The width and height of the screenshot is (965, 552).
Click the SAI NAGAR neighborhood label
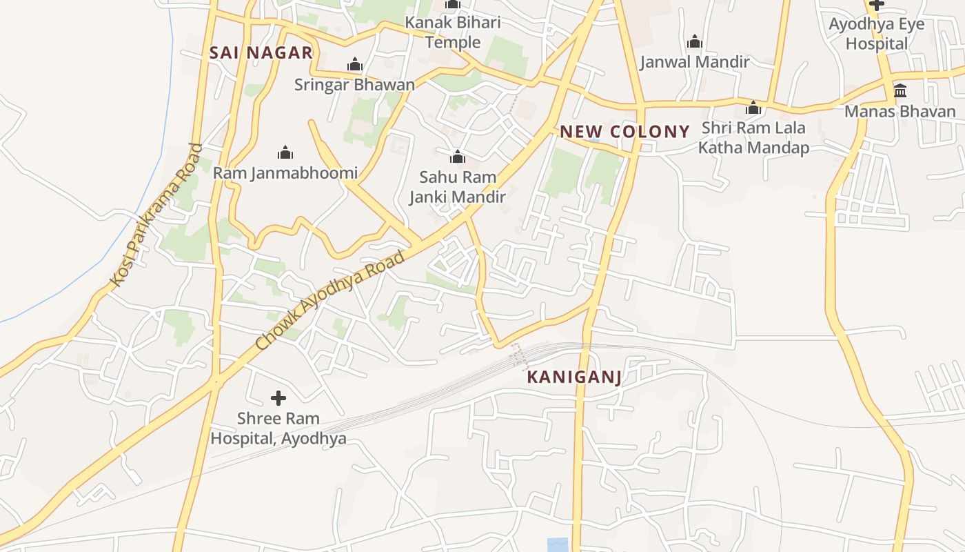(x=261, y=52)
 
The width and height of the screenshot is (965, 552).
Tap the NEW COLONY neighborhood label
(x=624, y=132)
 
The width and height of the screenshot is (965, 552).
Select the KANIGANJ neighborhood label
(x=574, y=377)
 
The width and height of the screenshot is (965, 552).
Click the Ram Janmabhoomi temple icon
(x=285, y=152)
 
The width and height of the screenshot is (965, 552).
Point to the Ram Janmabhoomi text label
(x=285, y=172)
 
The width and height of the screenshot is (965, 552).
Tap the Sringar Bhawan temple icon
(x=355, y=66)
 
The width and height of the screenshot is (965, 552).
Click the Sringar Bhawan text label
(x=354, y=85)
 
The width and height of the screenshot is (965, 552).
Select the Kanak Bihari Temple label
(x=452, y=32)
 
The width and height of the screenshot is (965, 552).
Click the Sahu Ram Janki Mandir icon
(x=457, y=157)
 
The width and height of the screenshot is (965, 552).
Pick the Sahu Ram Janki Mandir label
(x=457, y=187)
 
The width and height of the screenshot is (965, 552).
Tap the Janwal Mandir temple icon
(x=694, y=42)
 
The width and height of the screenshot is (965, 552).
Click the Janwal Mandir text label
(x=694, y=62)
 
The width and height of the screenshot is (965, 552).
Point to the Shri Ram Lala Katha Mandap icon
(x=753, y=108)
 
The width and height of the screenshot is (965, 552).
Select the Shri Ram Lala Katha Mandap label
(x=753, y=138)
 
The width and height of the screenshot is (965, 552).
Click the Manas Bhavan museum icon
(x=900, y=91)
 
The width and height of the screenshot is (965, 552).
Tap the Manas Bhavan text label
(x=900, y=111)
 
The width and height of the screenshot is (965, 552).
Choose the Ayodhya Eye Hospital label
(x=877, y=34)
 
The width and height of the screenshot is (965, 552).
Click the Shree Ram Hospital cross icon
(x=278, y=398)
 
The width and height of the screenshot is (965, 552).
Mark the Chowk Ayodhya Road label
(x=329, y=300)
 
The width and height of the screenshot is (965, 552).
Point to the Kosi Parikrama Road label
(x=157, y=215)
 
